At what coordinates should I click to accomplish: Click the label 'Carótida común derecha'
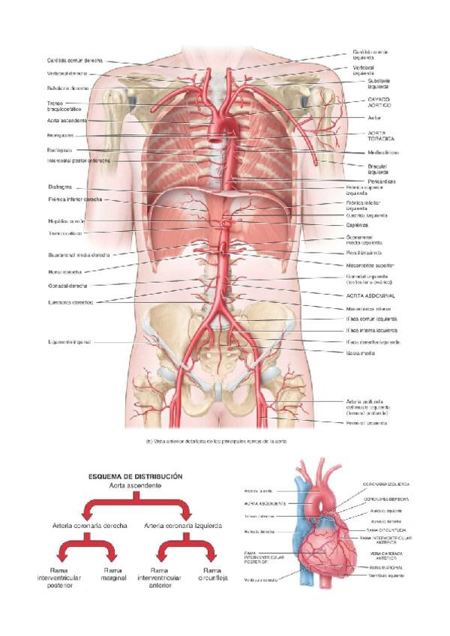coord(73,60)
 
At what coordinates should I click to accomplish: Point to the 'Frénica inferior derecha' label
coord(75,200)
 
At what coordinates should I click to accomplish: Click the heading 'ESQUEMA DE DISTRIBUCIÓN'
coord(136,475)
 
